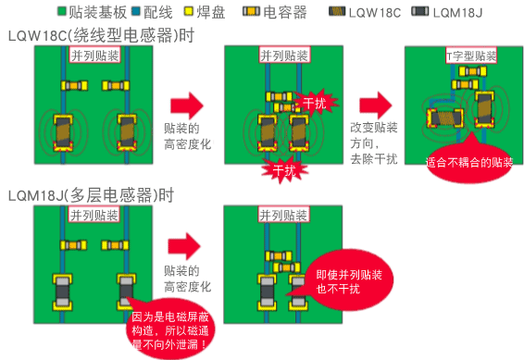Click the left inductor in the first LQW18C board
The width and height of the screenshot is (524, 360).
(x=64, y=129)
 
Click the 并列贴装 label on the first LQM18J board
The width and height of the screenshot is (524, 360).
(x=94, y=216)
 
